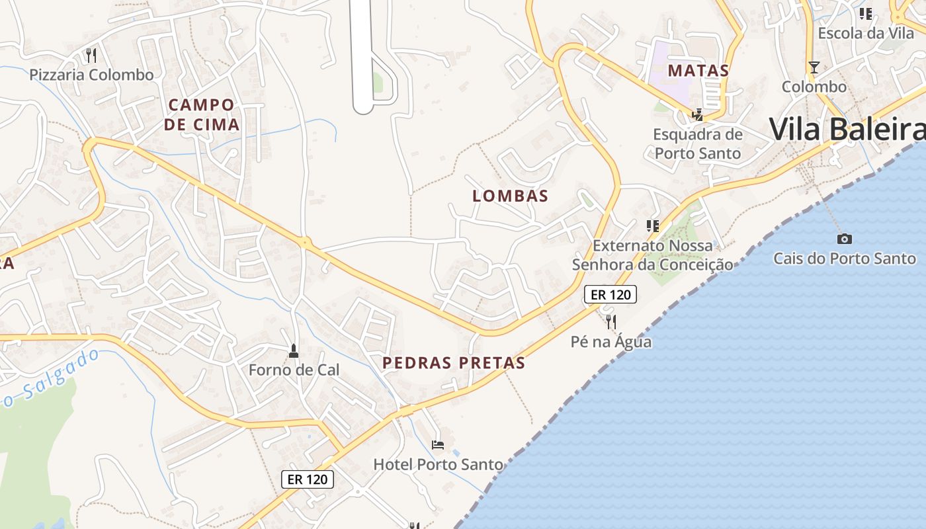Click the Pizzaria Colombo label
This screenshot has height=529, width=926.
point(91,75)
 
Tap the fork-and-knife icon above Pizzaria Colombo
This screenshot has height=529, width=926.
point(91,55)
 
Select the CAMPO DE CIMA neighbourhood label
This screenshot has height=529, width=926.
point(201,114)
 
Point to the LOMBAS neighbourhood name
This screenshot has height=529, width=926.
point(511,196)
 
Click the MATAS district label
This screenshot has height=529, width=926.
point(698,71)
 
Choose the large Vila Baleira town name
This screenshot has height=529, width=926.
point(847,129)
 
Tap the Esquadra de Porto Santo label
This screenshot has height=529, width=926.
point(698,143)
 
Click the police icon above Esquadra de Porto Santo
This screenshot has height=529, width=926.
point(697,115)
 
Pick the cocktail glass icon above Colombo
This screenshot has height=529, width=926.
point(814,67)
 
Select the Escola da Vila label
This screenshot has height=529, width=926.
point(866,33)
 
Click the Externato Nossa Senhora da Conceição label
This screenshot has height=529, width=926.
point(653,255)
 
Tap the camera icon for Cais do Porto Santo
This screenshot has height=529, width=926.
point(845,239)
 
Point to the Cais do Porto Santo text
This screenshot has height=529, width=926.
point(845,258)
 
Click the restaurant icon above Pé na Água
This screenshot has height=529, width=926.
point(610,322)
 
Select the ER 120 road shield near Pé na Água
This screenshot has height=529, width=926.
point(610,294)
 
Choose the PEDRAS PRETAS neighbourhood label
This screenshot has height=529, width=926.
point(454,362)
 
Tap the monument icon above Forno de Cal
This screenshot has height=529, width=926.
point(294,350)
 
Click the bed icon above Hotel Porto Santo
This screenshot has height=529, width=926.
point(438,445)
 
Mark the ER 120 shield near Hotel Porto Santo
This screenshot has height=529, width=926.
point(308,479)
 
